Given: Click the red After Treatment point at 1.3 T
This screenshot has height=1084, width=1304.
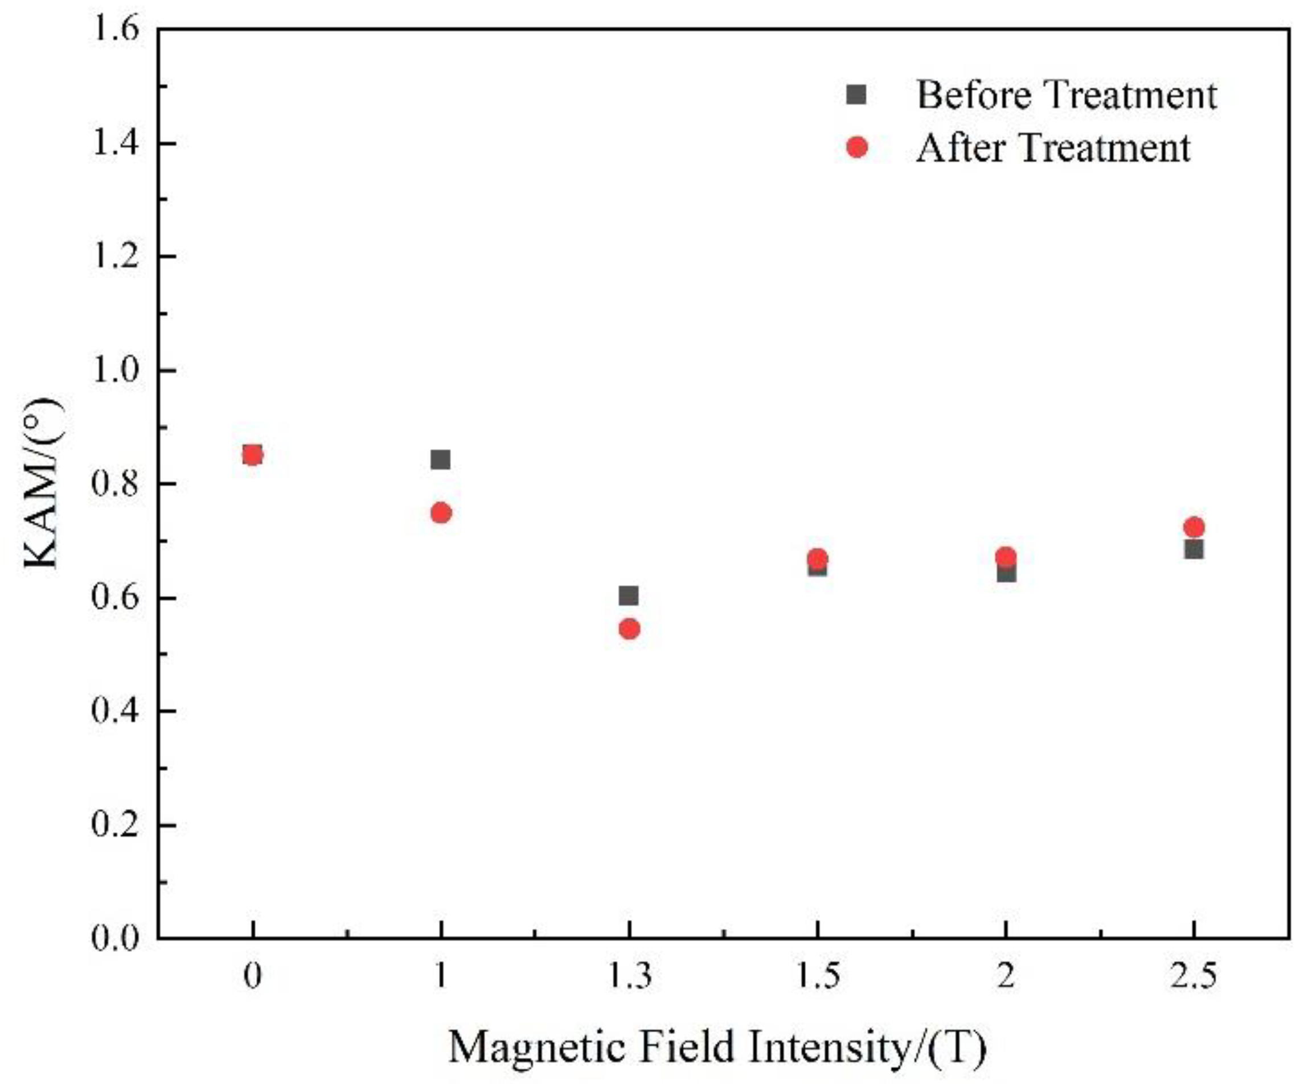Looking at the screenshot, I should click(x=629, y=629).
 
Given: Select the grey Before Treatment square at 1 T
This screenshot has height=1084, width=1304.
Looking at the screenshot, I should click(x=440, y=460).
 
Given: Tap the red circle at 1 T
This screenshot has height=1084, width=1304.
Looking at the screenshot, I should click(x=441, y=513).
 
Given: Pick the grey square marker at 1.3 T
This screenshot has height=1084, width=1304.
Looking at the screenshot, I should click(x=629, y=596).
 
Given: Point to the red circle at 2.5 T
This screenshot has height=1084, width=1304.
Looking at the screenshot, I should click(x=1194, y=527).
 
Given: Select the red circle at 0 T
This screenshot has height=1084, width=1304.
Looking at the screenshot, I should click(x=252, y=455).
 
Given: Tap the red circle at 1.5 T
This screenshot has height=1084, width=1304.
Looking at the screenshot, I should click(x=818, y=557).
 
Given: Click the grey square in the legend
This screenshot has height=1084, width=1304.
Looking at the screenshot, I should click(x=856, y=95).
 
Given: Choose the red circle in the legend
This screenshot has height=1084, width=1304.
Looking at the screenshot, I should click(x=857, y=147).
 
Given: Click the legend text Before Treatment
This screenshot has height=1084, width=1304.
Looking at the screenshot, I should click(x=1066, y=95).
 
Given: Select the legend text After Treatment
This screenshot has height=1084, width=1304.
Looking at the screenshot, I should click(x=1053, y=148).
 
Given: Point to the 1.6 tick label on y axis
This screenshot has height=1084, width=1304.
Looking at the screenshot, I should click(x=115, y=29).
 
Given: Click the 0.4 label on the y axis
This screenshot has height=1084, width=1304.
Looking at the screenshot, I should click(x=115, y=711).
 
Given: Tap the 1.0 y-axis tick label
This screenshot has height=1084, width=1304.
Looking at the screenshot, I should click(x=115, y=370).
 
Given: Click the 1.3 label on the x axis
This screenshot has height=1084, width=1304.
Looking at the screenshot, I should click(x=629, y=976).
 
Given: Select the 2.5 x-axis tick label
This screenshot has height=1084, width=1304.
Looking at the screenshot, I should click(x=1194, y=976).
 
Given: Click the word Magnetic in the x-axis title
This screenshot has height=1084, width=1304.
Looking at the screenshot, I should click(x=536, y=1047).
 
